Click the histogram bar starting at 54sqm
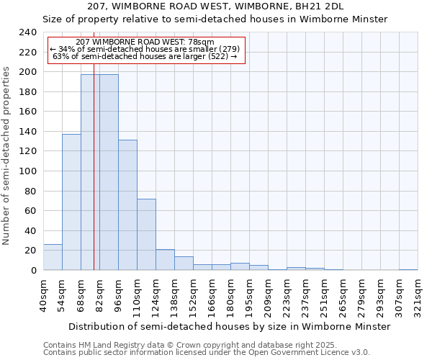coord(71,202)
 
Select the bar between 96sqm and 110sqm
coord(127,204)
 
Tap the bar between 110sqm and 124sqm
coord(146,234)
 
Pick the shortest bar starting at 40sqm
coord(53,257)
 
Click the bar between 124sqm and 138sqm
coord(165,260)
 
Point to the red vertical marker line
coord(94,180)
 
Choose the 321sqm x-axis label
coord(418,295)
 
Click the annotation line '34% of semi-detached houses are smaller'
coord(147,49)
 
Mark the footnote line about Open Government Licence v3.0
coord(207,353)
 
